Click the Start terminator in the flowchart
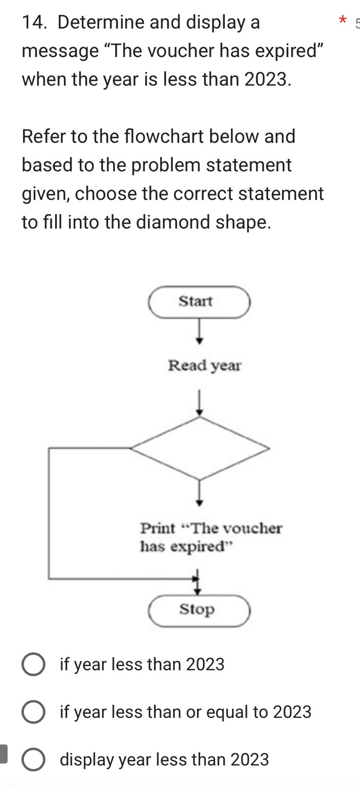coord(199,302)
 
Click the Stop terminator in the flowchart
coord(199,610)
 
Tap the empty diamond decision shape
coord(200,448)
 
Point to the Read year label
coord(205,366)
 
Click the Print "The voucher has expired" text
coord(211,537)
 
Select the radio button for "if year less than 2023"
coord(33,665)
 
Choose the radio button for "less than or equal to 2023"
coord(33,712)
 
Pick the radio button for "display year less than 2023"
coord(33,760)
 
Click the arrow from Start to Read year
coord(200,331)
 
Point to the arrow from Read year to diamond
coord(200,403)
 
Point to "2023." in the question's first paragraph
coord(267,79)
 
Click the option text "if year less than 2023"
coord(142,665)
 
